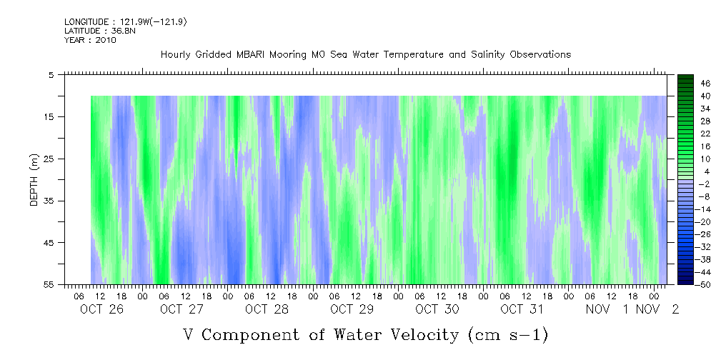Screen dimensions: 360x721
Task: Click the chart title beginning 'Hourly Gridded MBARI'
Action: coord(366,55)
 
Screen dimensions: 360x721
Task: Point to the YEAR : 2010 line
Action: coord(90,40)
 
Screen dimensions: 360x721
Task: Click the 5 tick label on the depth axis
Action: coord(51,74)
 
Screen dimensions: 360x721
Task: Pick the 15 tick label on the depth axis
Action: coord(49,116)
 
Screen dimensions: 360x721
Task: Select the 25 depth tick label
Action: coord(49,159)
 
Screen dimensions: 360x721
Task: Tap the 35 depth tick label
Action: coord(49,201)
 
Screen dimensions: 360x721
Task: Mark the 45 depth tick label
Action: coord(49,243)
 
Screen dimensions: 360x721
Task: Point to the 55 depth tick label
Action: coord(49,284)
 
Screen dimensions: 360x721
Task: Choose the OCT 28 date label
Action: coord(267,309)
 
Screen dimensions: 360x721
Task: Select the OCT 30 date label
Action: coord(437,309)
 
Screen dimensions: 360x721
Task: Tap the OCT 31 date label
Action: coord(522,309)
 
